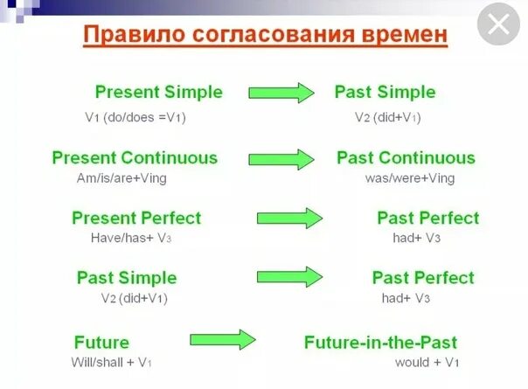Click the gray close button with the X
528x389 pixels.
pos(498,24)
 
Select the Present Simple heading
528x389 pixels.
pos(159,92)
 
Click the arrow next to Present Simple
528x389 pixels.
pos(281,93)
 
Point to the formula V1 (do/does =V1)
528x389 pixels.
pos(135,117)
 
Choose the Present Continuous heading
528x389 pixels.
pos(135,157)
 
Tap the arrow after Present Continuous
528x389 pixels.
pos(281,159)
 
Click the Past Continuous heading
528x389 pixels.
pos(406,157)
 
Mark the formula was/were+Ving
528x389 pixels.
pos(410,177)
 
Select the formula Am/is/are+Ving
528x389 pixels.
pos(122,177)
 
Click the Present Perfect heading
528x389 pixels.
pos(136,218)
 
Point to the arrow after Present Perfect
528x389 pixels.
pos(289,219)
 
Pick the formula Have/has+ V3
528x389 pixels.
pos(131,238)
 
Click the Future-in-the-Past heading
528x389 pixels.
pos(380,342)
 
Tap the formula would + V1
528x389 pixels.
pos(427,363)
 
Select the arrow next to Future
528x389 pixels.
pos(223,339)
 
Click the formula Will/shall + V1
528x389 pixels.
pos(111,363)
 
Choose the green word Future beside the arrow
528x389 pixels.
pos(101,342)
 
